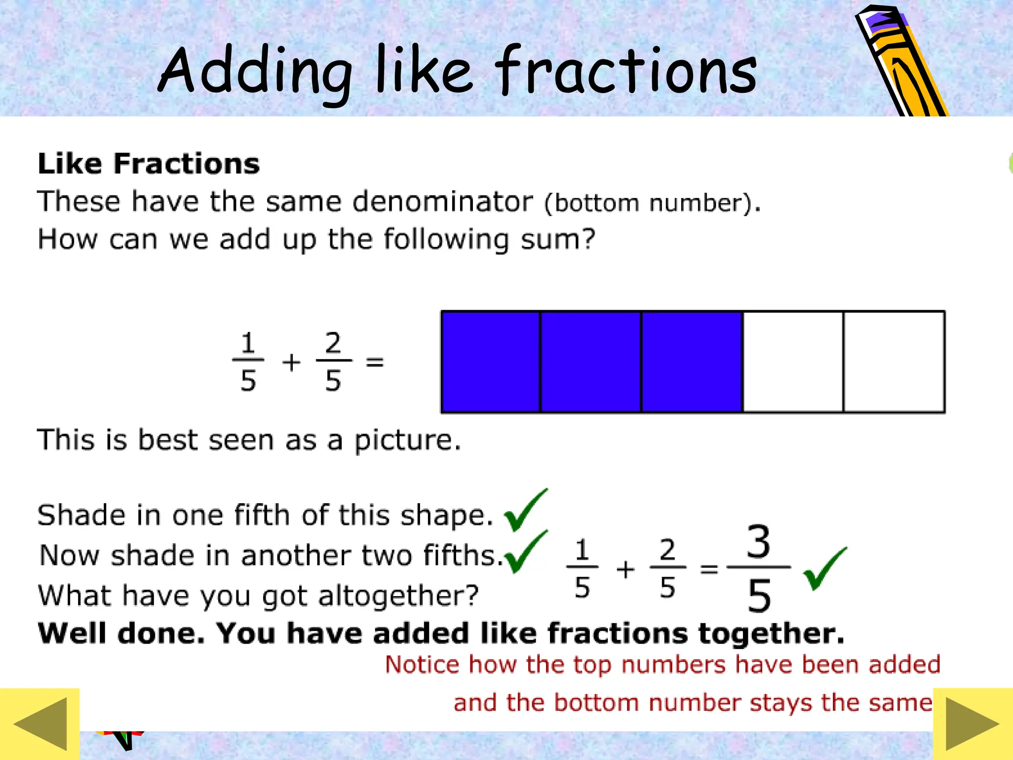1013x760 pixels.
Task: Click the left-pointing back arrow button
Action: tap(41, 724)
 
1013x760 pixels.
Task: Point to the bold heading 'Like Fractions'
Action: tap(148, 164)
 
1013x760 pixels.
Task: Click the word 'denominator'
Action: tap(443, 202)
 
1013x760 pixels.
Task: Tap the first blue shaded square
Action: tap(491, 362)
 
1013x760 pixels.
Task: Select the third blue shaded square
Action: tap(691, 362)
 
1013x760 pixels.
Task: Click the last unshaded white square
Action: tap(894, 362)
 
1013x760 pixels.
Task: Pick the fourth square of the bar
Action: tap(793, 362)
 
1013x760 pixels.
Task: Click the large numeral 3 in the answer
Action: tap(758, 542)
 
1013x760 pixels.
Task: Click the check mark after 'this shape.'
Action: tap(526, 511)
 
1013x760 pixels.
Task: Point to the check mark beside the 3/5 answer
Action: tap(825, 569)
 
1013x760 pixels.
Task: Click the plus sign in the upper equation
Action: tap(291, 362)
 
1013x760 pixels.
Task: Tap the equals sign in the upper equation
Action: tap(374, 362)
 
